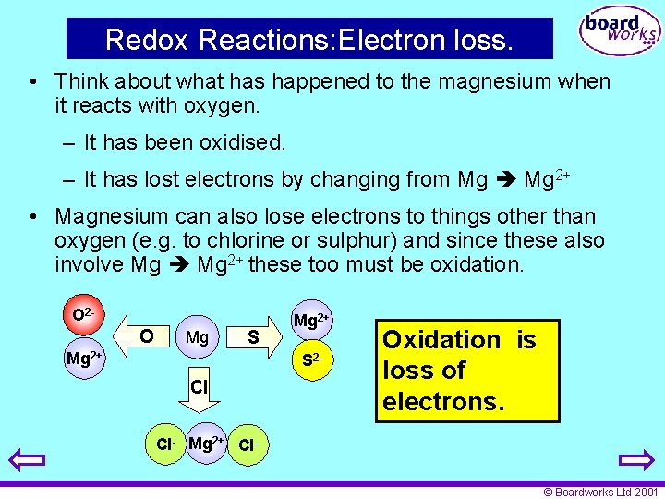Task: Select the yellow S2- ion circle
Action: point(311,358)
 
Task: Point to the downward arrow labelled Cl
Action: point(198,388)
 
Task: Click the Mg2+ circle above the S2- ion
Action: point(311,321)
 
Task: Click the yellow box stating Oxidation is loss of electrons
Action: point(466,371)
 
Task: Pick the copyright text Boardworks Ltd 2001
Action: point(600,493)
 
